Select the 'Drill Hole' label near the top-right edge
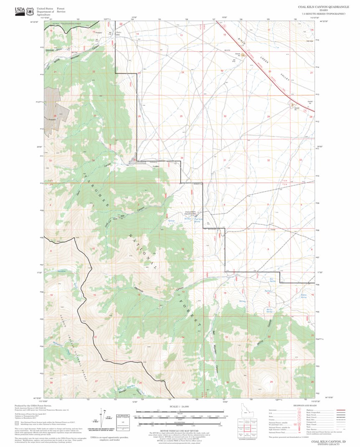pyautogui.click(x=310, y=41)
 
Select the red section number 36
pyautogui.click(x=182, y=158)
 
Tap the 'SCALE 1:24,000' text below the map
pyautogui.click(x=179, y=406)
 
